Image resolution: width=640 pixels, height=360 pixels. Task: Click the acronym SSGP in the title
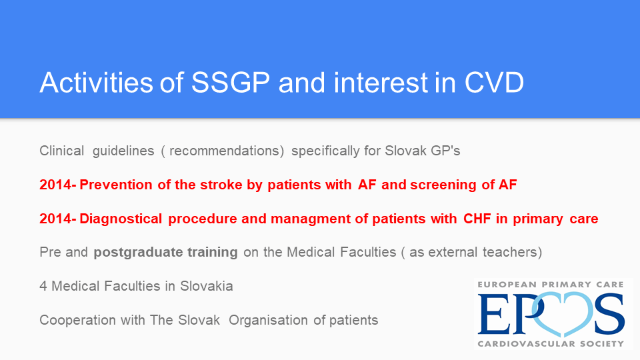231,83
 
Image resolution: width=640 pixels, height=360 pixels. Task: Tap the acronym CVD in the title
494,83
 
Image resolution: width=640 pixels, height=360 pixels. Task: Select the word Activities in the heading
96,83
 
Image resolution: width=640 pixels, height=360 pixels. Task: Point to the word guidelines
123,151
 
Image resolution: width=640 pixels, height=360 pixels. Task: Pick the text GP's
445,151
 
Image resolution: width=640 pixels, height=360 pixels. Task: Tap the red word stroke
221,185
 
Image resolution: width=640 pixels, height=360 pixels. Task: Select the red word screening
443,185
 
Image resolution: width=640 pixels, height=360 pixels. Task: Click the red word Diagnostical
121,219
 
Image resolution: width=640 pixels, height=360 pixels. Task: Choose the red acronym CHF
477,219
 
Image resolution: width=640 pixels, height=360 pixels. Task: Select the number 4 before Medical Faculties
43,286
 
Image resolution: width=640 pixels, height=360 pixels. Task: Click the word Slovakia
207,286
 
